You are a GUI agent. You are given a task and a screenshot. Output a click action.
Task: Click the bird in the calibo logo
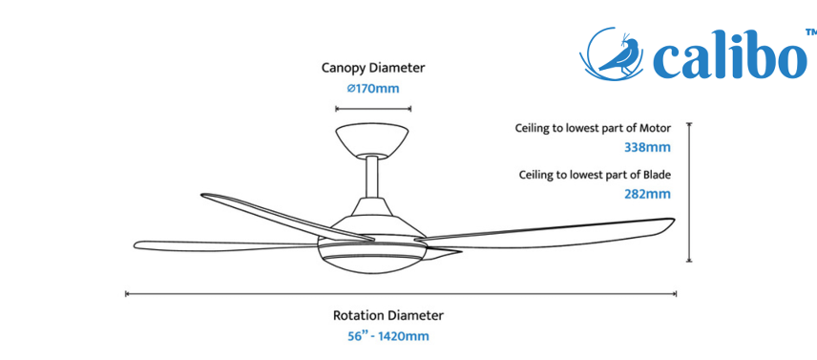(x=619, y=54)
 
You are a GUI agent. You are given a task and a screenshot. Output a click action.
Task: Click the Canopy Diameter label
(x=373, y=68)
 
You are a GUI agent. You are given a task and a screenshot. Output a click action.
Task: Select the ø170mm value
(x=373, y=89)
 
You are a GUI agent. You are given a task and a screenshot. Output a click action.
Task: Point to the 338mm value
(x=648, y=147)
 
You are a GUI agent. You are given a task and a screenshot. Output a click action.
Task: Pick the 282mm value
(x=648, y=194)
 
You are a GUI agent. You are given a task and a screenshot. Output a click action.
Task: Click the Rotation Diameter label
(x=388, y=316)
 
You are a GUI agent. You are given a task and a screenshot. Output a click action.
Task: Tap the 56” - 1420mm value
(x=388, y=336)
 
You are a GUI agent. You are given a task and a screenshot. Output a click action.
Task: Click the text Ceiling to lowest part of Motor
(x=593, y=128)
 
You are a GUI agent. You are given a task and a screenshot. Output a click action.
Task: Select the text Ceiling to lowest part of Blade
(x=595, y=175)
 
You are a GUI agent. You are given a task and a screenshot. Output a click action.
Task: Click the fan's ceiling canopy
(x=372, y=139)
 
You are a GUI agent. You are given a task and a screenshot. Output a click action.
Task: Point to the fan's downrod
(x=372, y=177)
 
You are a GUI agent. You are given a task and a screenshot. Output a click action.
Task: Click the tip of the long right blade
(x=675, y=221)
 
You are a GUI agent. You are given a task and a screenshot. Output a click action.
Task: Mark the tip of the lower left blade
(x=135, y=244)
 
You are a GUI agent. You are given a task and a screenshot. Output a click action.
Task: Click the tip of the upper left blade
(x=202, y=196)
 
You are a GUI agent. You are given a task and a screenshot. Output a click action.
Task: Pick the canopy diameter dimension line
(x=373, y=109)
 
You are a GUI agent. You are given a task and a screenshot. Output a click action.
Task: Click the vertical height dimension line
(x=689, y=192)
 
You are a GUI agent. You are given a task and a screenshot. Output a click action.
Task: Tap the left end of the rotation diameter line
(x=126, y=294)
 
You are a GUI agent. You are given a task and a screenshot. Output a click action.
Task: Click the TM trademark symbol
(x=810, y=32)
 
